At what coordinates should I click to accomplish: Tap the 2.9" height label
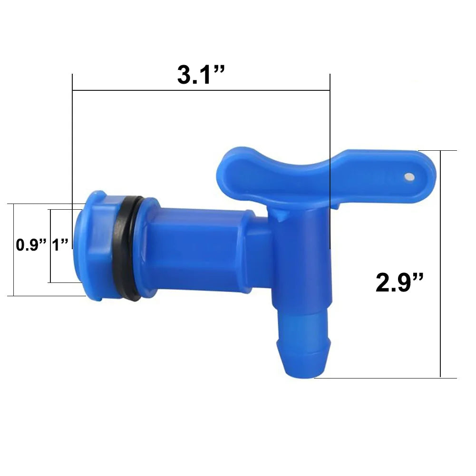pyautogui.click(x=399, y=283)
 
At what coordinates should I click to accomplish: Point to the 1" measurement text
pyautogui.click(x=60, y=245)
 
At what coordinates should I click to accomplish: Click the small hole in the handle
pyautogui.click(x=408, y=177)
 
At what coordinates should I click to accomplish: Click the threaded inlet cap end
pyautogui.click(x=93, y=245)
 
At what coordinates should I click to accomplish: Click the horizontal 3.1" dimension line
pyautogui.click(x=143, y=90)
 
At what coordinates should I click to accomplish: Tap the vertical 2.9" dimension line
pyautogui.click(x=441, y=214)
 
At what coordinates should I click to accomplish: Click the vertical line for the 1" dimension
pyautogui.click(x=50, y=266)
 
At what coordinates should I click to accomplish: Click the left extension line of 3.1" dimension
pyautogui.click(x=72, y=143)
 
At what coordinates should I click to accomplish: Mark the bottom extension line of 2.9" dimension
pyautogui.click(x=380, y=378)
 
